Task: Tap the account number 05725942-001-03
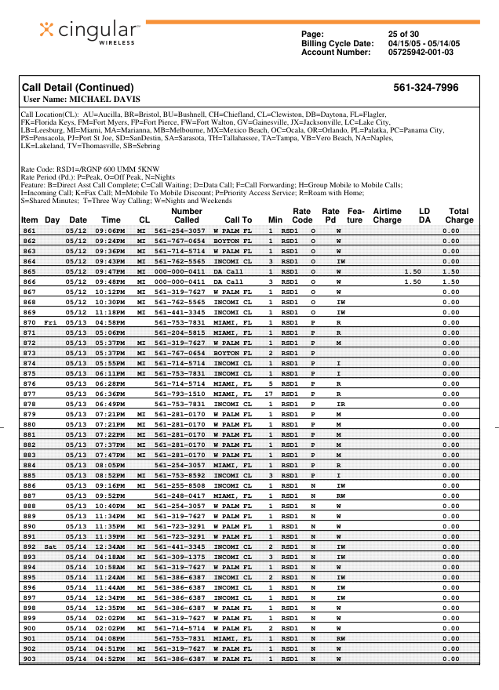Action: click(421, 53)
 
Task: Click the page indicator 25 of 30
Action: click(403, 34)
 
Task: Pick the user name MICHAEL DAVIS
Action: click(82, 100)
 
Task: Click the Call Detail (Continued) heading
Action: click(78, 87)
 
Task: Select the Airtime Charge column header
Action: click(387, 216)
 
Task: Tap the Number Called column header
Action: click(186, 216)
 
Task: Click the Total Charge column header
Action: click(457, 216)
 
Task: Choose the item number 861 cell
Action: click(29, 231)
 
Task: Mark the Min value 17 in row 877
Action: click(269, 394)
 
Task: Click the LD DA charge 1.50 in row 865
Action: click(412, 271)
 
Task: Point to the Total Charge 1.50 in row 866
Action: click(450, 281)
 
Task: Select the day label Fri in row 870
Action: click(51, 322)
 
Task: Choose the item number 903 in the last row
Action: click(29, 659)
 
